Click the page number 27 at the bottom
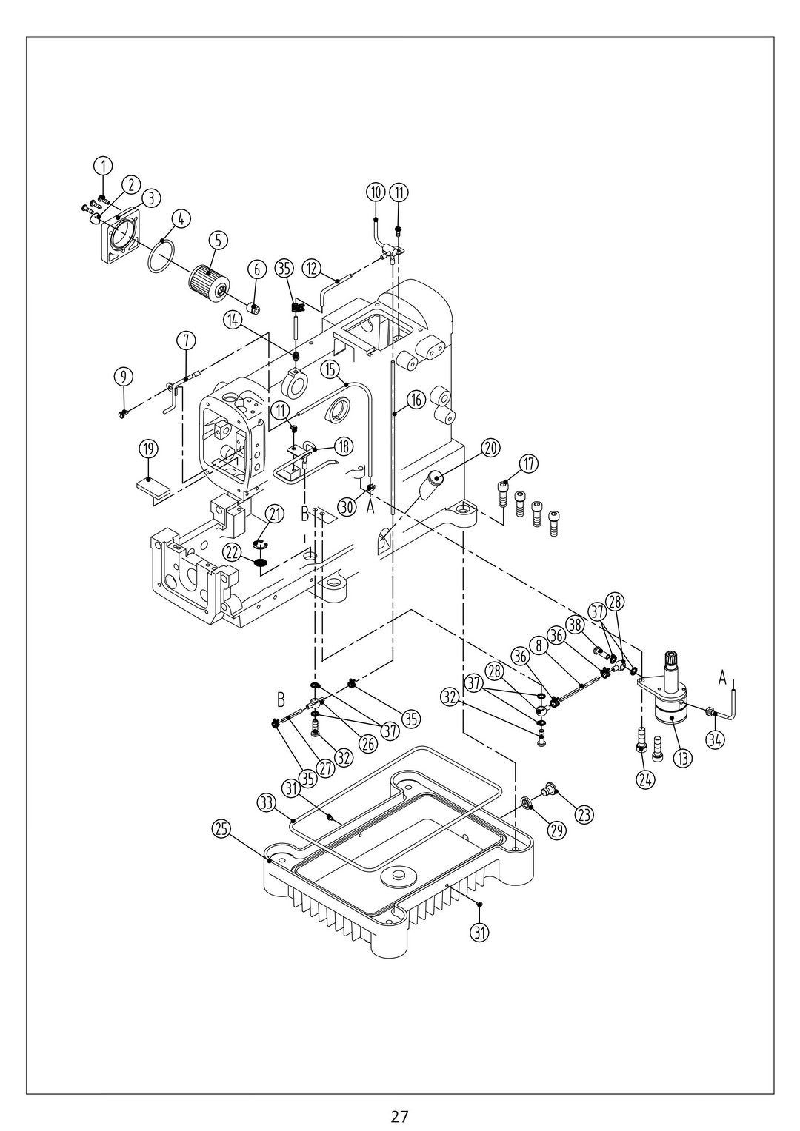(x=400, y=1115)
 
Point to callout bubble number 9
(x=124, y=376)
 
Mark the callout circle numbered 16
(x=415, y=400)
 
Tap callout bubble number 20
(x=490, y=448)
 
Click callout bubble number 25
(x=221, y=830)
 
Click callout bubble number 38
(x=577, y=625)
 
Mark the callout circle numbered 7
(x=186, y=340)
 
